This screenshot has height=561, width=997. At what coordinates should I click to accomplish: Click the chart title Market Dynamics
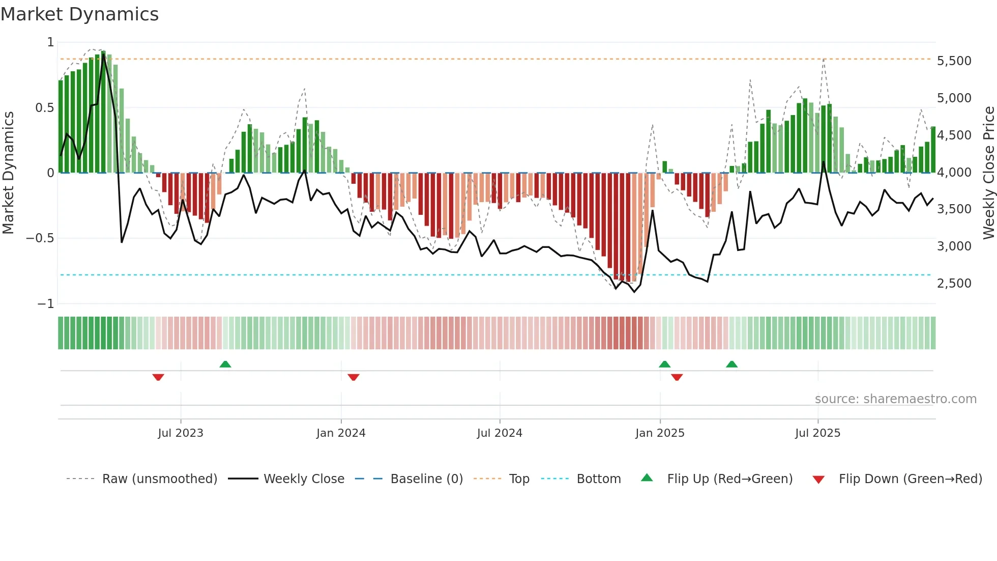(80, 14)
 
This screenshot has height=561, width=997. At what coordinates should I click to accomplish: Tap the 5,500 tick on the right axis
(954, 61)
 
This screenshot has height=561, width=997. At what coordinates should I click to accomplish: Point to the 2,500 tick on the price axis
(954, 284)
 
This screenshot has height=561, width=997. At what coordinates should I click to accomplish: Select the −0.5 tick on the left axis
(40, 238)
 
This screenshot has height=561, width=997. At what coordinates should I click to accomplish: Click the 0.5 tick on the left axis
(44, 108)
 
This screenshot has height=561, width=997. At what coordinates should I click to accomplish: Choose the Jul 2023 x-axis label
(181, 433)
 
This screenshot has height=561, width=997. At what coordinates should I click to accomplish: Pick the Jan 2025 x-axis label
(660, 433)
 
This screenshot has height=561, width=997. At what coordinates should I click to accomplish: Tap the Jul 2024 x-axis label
(500, 433)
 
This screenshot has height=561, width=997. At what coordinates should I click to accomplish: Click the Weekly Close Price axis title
(988, 173)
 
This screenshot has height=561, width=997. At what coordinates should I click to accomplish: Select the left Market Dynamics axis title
(9, 173)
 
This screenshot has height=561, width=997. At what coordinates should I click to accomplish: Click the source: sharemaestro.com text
(895, 399)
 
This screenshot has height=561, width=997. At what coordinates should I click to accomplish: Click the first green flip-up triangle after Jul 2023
(225, 364)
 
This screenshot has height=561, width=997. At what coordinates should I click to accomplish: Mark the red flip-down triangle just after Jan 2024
(354, 377)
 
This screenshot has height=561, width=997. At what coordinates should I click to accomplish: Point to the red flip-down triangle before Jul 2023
(158, 377)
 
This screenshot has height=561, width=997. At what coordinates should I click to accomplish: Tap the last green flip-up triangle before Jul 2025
(731, 364)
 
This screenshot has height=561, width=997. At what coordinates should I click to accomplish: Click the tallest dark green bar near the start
(103, 112)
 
